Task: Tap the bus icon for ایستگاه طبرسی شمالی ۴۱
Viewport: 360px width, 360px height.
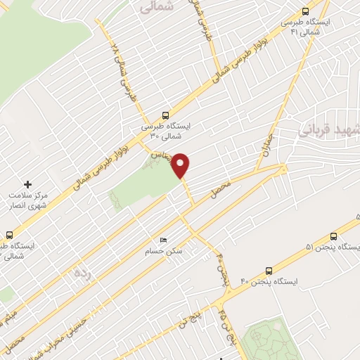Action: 304,11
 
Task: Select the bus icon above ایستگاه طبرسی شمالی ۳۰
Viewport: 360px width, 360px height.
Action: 165,114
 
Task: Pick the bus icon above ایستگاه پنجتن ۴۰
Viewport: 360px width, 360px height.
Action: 269,270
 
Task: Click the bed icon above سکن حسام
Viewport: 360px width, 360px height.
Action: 163,240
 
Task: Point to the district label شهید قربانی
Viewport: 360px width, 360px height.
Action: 330,130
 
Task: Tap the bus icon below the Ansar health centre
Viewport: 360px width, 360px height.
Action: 9,235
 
